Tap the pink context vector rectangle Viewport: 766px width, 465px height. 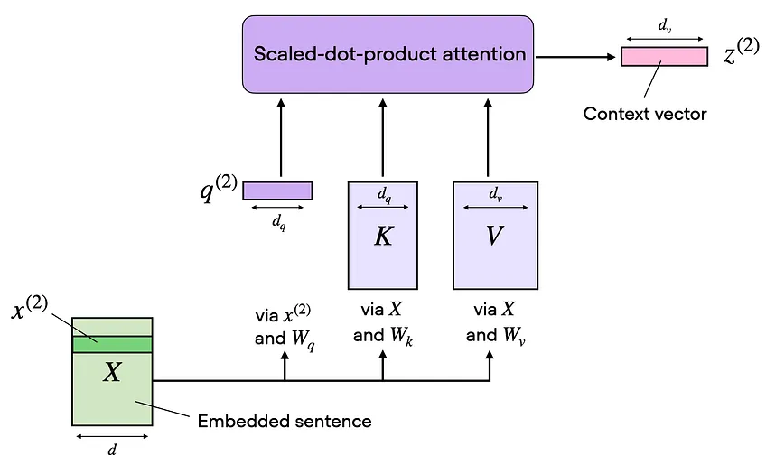click(664, 57)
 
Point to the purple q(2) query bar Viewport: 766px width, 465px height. click(277, 191)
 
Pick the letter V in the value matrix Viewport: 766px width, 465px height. click(494, 237)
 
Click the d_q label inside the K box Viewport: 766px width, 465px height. click(383, 193)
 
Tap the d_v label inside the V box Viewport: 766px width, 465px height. click(495, 193)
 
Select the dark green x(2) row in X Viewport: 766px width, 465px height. click(112, 344)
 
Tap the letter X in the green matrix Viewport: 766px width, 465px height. click(111, 371)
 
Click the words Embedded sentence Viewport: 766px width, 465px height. click(285, 421)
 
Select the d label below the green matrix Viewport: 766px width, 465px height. click(113, 450)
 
